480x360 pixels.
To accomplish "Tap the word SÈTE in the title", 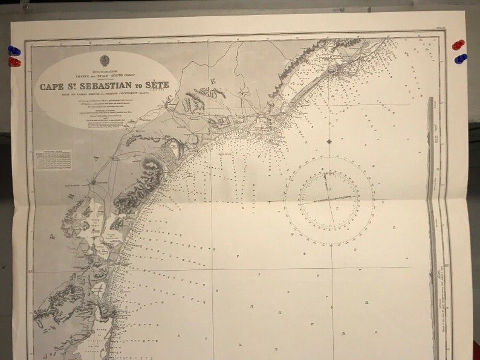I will tap(157, 85).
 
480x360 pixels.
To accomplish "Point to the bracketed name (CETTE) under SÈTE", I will tap(157, 91).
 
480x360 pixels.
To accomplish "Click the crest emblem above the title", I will tap(105, 60).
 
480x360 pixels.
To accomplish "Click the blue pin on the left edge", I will tap(14, 51).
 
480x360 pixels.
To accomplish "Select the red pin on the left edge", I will tap(14, 61).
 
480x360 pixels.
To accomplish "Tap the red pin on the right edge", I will tap(458, 45).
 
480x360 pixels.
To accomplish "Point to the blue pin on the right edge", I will tap(461, 59).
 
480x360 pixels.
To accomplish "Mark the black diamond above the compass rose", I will tap(329, 141).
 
